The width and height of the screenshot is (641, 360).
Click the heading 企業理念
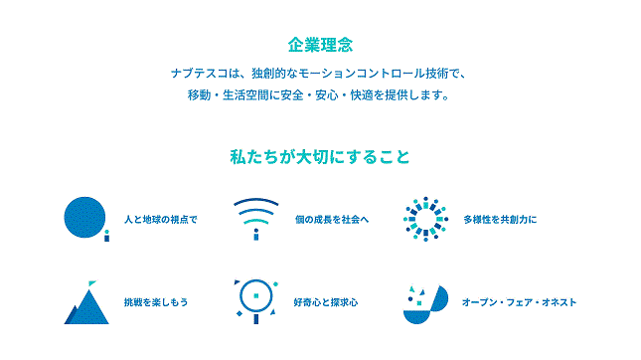click(x=320, y=45)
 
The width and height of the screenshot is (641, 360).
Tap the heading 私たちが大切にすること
click(x=320, y=157)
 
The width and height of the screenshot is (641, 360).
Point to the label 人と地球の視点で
click(x=161, y=220)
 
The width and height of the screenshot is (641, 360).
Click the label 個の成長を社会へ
click(x=332, y=220)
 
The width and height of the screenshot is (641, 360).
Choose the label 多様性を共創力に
click(x=500, y=220)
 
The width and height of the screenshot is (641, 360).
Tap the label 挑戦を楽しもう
click(x=156, y=302)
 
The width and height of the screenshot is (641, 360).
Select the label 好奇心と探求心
click(x=326, y=302)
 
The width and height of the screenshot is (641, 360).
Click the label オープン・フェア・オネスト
click(x=519, y=302)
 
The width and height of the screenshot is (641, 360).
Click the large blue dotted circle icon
click(x=84, y=217)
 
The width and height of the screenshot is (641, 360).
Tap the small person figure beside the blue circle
click(x=106, y=236)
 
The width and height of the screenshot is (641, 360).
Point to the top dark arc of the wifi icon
click(x=256, y=201)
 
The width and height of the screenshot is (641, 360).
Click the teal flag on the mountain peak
click(x=92, y=283)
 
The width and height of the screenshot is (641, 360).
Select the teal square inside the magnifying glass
click(x=256, y=295)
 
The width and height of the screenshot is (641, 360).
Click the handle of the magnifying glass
click(x=256, y=318)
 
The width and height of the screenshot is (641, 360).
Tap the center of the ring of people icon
click(x=425, y=219)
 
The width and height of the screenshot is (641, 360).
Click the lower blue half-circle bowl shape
click(x=416, y=317)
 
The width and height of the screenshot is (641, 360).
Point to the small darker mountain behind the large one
click(x=72, y=314)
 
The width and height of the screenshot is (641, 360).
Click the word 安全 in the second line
click(x=292, y=94)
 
